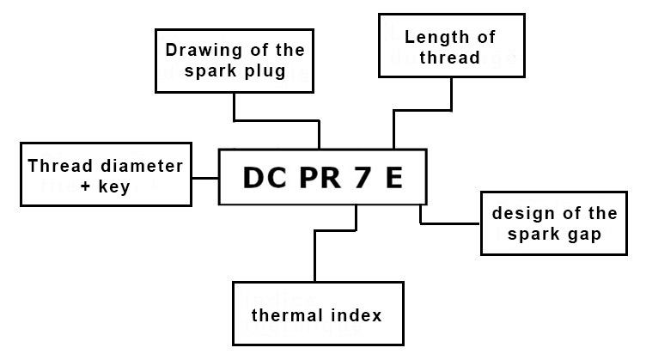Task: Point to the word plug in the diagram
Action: coord(263,70)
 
